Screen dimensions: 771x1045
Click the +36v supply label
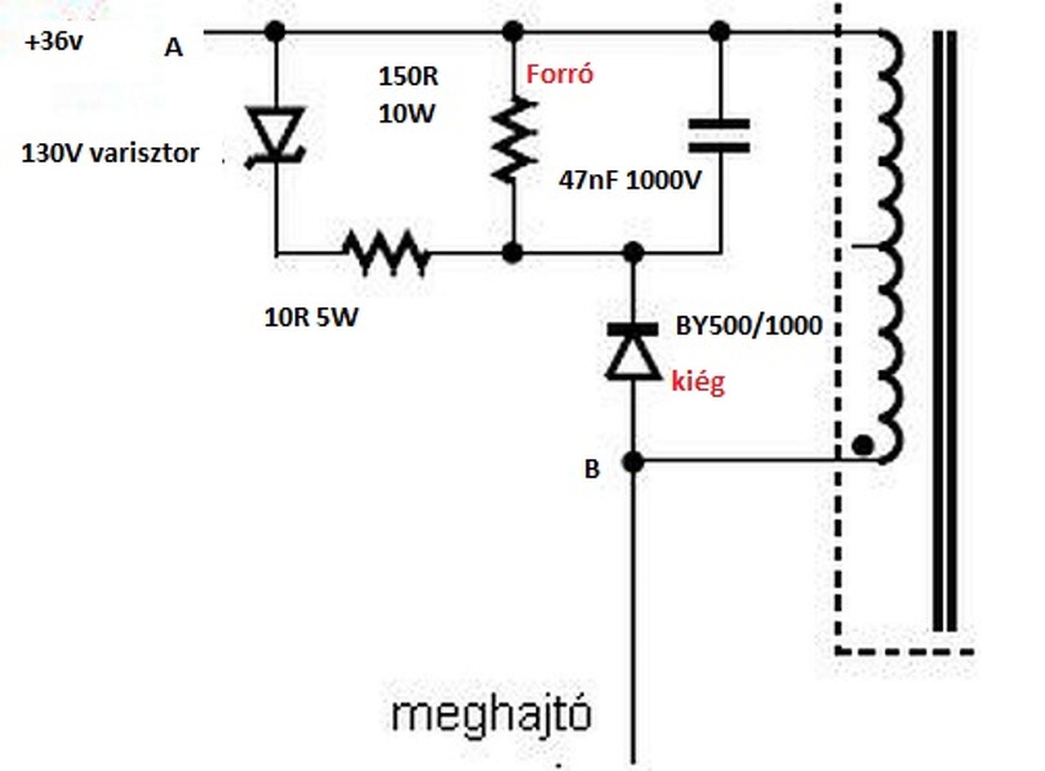(54, 42)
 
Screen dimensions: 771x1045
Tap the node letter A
(173, 48)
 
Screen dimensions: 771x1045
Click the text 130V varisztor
(110, 154)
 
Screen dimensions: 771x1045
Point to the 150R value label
(407, 77)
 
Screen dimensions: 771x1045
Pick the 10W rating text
(406, 114)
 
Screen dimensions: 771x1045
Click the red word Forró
(559, 75)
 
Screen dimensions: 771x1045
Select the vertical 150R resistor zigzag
(513, 139)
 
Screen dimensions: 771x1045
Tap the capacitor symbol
(719, 136)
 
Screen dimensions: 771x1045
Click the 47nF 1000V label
(629, 180)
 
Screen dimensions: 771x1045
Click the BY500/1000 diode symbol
(633, 351)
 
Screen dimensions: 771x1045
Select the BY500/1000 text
(749, 327)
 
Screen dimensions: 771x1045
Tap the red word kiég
(698, 383)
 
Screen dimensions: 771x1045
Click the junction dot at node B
(633, 462)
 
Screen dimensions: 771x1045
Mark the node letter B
(592, 470)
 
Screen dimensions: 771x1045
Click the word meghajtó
(490, 716)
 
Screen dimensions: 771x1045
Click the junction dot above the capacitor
(719, 32)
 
